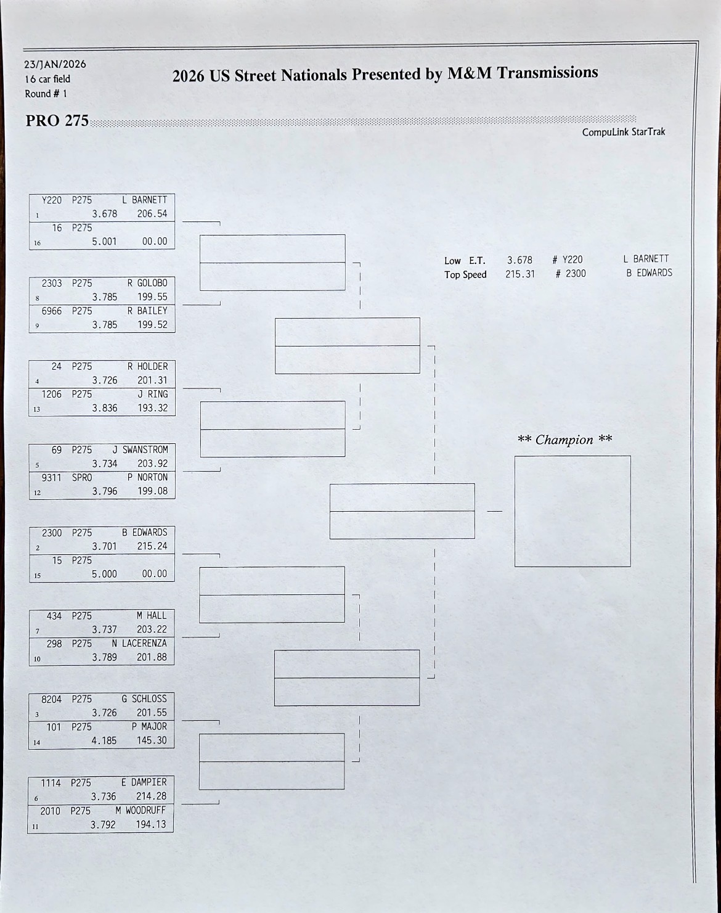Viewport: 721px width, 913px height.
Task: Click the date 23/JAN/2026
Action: coord(55,64)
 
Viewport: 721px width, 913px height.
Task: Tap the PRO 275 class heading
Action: coord(57,121)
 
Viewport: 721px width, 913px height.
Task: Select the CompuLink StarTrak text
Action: coord(623,132)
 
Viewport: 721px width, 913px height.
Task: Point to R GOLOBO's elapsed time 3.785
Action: coord(105,297)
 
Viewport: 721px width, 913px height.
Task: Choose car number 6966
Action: coord(52,311)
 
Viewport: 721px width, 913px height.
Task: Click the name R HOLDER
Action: coord(147,367)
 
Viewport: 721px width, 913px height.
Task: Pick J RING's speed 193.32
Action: coord(152,408)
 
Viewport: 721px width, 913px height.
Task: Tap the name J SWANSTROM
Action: coord(140,450)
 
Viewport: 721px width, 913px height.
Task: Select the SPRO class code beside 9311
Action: coord(82,478)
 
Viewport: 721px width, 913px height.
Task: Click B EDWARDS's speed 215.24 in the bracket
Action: coord(152,546)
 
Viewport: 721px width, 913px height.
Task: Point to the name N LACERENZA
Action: coord(139,644)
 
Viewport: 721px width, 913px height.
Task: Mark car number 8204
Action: coord(51,699)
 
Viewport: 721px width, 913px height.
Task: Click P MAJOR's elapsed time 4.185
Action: coord(104,741)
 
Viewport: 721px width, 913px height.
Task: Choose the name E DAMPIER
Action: coord(144,782)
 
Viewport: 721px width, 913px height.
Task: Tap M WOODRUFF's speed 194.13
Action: coord(151,824)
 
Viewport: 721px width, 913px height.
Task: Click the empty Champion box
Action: coord(572,511)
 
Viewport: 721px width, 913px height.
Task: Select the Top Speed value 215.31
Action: coord(520,274)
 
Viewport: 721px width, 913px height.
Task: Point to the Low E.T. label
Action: coord(465,261)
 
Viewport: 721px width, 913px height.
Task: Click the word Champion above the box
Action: coord(564,440)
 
